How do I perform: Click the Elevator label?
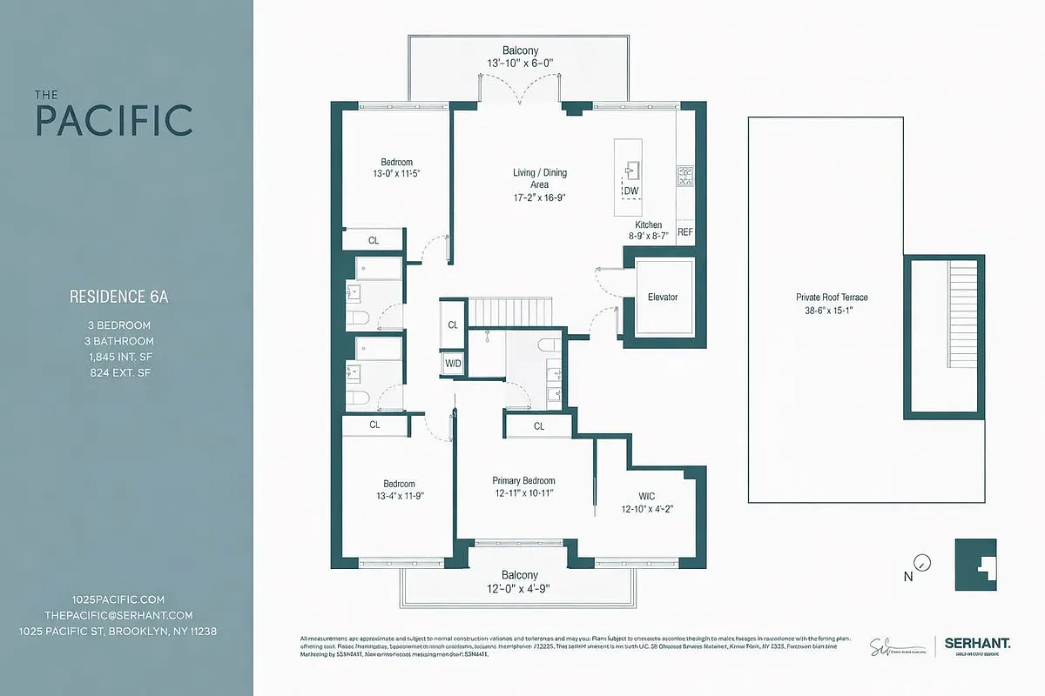coord(663,298)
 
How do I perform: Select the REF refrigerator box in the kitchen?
coord(685,232)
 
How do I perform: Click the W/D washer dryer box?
coord(453,363)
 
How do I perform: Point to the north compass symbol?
coord(923,563)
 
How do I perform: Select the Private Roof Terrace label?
coord(832,298)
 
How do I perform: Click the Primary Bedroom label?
coord(523,481)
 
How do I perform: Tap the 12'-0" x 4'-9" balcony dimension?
coord(519,588)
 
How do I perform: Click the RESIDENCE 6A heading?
coord(118,297)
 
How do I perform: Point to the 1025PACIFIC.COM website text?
coord(118,599)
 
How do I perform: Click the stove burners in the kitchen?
coord(685,177)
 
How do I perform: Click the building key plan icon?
coord(975,565)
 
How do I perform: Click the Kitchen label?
coord(648,224)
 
